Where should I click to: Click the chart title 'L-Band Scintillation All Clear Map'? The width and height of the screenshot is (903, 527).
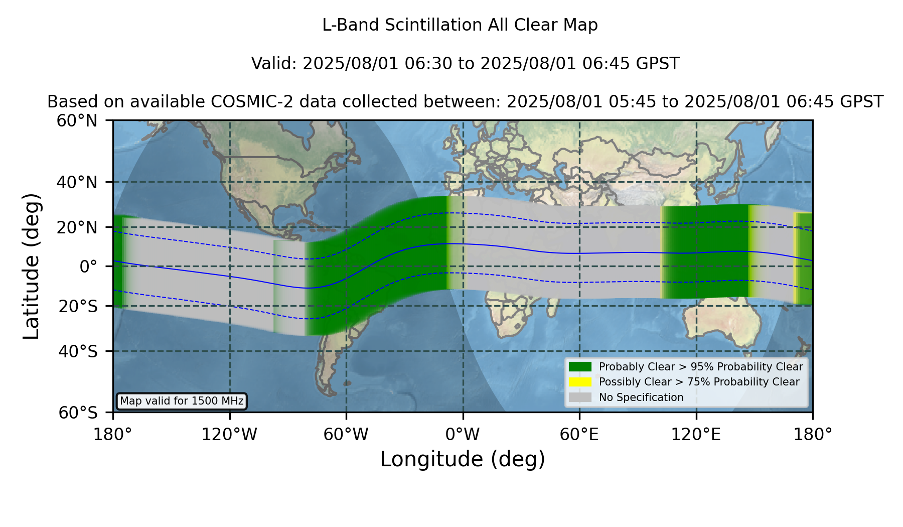click(x=460, y=25)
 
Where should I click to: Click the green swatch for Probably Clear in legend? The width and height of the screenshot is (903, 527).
click(x=580, y=366)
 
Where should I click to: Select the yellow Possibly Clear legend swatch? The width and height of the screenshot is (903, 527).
click(x=580, y=382)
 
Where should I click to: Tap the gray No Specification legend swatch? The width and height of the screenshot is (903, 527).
click(x=580, y=398)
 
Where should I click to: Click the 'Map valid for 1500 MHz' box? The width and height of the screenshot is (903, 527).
click(x=182, y=401)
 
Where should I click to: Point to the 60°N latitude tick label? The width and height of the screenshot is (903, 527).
click(x=77, y=121)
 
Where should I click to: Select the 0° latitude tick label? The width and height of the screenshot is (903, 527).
click(x=88, y=267)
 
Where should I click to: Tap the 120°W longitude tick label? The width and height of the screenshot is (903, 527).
click(x=229, y=434)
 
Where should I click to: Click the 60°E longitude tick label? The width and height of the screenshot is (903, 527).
click(x=579, y=434)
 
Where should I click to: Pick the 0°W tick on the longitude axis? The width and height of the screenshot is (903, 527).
click(x=463, y=434)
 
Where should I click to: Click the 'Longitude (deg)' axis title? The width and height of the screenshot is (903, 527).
click(x=463, y=459)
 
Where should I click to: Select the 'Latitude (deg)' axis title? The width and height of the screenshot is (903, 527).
click(x=31, y=266)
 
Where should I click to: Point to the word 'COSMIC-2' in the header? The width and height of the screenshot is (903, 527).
click(x=245, y=102)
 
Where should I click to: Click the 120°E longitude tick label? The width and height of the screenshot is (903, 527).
click(x=696, y=434)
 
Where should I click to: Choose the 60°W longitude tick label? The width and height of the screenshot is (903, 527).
click(x=346, y=434)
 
